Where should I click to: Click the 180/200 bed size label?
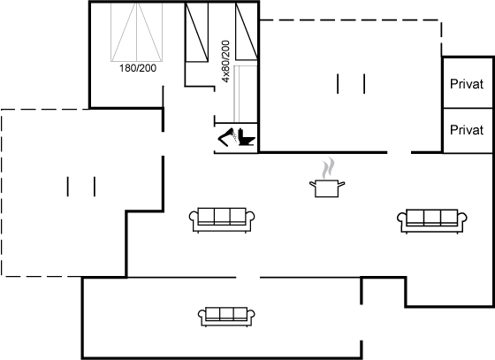coord(138,68)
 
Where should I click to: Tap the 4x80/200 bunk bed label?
coord(225,61)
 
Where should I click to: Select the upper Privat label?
coord(467,84)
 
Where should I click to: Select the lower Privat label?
coord(467,130)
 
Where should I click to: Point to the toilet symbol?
coord(247,137)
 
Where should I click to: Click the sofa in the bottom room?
coord(226,317)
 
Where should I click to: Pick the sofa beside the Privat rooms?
coord(432,221)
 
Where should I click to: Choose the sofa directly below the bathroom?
coord(222,219)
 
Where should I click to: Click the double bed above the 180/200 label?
coord(137,32)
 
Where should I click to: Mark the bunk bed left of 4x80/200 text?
coord(196,32)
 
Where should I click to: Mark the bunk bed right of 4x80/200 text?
coord(247,31)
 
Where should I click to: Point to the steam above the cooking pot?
coord(328,168)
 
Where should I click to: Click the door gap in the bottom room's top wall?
coord(248,278)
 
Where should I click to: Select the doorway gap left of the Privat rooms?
coord(400,152)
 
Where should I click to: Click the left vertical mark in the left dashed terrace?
coord(67,187)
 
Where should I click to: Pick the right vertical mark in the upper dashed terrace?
coord(364,84)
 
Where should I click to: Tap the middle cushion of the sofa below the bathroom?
coord(222,216)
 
